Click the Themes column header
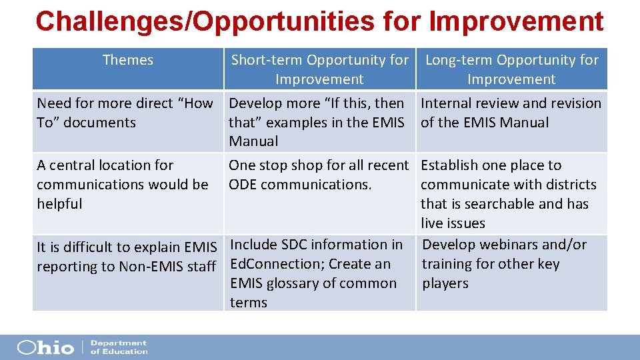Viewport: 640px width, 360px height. click(127, 60)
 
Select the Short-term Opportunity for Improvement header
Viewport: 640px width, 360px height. click(319, 69)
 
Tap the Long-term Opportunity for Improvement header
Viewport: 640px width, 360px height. click(511, 69)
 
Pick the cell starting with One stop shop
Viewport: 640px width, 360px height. click(318, 175)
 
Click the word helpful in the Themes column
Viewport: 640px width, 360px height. click(59, 204)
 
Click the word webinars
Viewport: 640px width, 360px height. click(507, 245)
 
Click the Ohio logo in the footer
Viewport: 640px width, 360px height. click(45, 347)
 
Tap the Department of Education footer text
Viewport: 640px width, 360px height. click(118, 347)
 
